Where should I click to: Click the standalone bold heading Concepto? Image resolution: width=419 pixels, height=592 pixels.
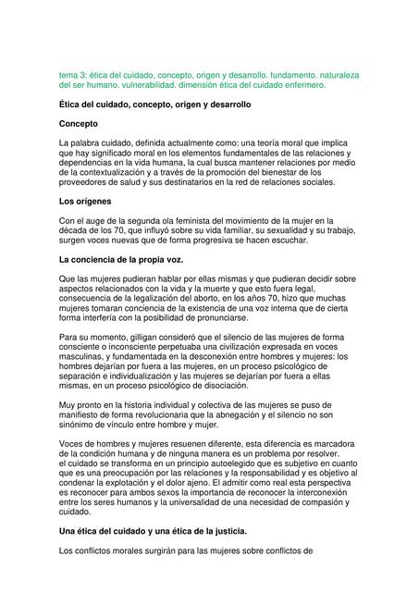(84, 123)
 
